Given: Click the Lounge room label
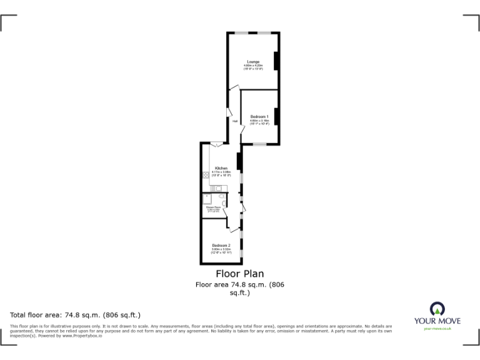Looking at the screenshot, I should click(253, 61).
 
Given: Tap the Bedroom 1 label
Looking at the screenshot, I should click(259, 117).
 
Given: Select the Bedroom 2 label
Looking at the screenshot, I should click(221, 245).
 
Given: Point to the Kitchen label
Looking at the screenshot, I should click(221, 168).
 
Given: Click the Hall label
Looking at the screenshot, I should click(235, 121).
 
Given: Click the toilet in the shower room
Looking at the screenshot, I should click(223, 197).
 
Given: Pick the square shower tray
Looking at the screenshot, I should click(207, 198).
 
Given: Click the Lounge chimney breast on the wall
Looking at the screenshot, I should click(276, 61).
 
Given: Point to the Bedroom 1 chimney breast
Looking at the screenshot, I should click(276, 117).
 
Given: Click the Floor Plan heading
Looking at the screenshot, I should click(239, 274).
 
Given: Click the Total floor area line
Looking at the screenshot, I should click(76, 315).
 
